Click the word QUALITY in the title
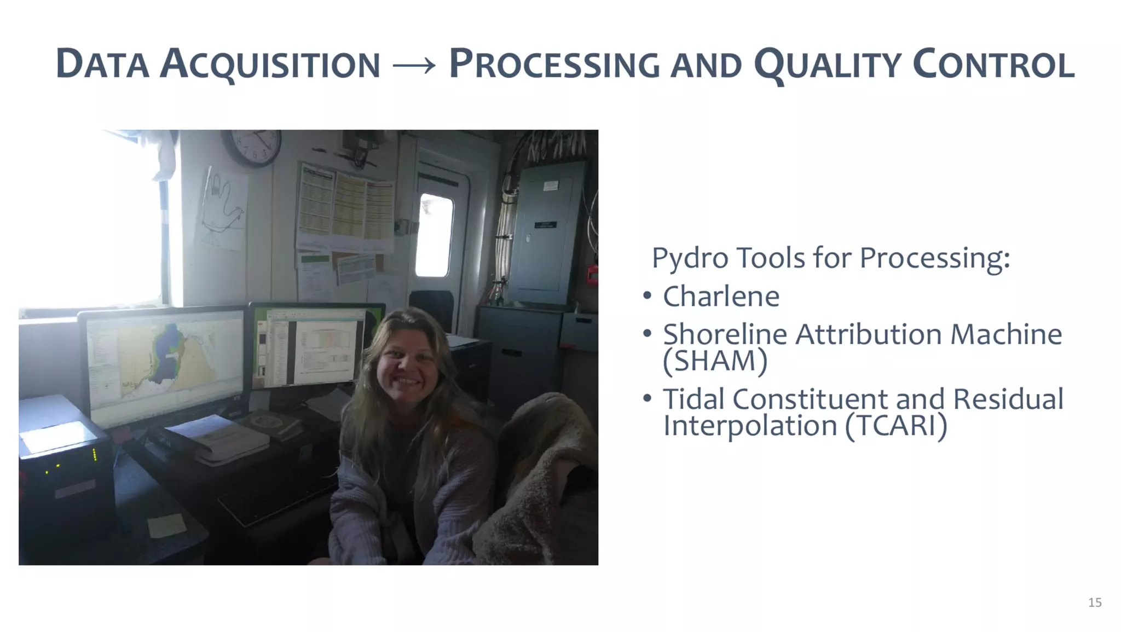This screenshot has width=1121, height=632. coord(827,65)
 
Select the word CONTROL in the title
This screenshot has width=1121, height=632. coord(993,65)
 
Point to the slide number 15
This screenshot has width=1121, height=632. coord(1095,602)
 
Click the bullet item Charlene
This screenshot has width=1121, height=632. coord(721,297)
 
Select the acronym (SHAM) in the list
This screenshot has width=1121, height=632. coord(715,361)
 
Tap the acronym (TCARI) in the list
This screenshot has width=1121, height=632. coord(895,426)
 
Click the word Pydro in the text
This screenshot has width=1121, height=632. coord(690,257)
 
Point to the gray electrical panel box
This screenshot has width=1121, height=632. coord(546,233)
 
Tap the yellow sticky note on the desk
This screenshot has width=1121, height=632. coord(166,525)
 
